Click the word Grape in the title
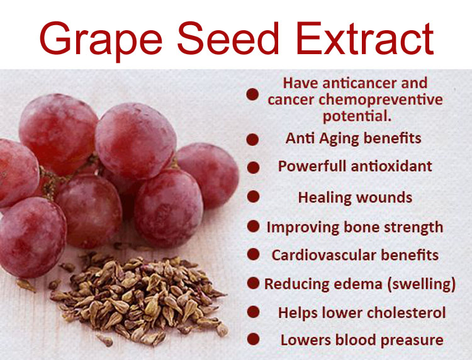pos(101,40)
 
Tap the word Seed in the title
pos(228,38)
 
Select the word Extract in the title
pos(365,38)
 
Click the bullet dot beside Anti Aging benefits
pos(252,140)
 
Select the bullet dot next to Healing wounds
pos(253,196)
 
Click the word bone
pos(361,227)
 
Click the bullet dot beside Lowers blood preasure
pos(253,339)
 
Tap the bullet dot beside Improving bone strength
pos(253,226)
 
